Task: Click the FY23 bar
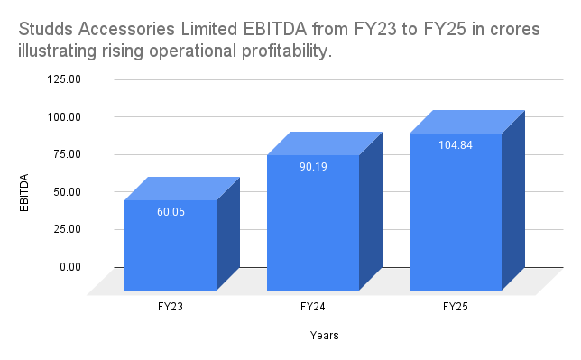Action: [171, 245]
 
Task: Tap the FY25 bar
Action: [456, 211]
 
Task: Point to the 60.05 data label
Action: [171, 211]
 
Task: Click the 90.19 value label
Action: [313, 166]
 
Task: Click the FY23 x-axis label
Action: [171, 307]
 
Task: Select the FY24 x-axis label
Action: [313, 307]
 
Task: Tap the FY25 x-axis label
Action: [456, 307]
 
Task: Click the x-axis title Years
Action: [324, 337]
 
